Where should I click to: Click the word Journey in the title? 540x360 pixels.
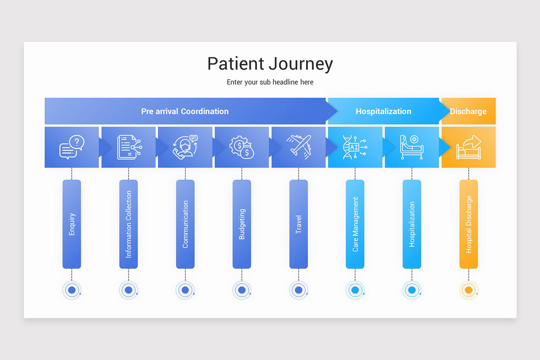[301, 64]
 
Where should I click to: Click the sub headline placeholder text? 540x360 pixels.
[270, 82]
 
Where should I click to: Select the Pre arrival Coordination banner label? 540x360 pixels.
[184, 111]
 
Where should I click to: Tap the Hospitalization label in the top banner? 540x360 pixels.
[383, 111]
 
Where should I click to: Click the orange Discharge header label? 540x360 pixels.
[468, 111]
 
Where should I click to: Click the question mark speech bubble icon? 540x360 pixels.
[72, 147]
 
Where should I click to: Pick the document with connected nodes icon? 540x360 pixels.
[129, 147]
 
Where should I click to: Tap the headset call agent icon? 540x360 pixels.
[185, 147]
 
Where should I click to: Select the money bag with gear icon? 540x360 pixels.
[242, 147]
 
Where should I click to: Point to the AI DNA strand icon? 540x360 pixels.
[355, 147]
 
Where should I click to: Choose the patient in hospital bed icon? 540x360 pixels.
[412, 147]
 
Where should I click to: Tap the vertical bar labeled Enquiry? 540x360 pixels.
[72, 224]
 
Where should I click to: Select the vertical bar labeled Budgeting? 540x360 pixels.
[242, 224]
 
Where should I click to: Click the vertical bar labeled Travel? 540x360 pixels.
[298, 224]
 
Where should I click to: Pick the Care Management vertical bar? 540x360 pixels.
[355, 224]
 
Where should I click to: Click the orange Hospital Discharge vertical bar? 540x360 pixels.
[468, 224]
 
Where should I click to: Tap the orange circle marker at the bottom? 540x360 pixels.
[468, 290]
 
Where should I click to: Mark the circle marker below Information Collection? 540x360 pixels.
[128, 290]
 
